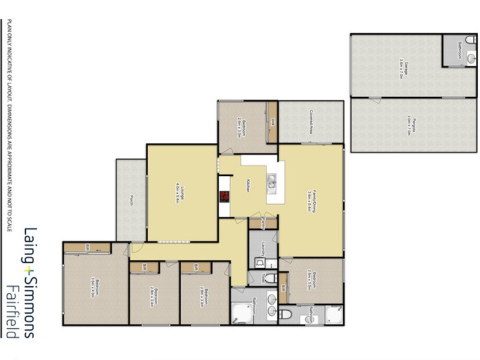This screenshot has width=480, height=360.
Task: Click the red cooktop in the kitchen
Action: (225, 196)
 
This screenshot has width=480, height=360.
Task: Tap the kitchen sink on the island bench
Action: (272, 181)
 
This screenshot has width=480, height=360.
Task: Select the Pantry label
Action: (263, 224)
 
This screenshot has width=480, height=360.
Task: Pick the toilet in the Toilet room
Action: (269, 278)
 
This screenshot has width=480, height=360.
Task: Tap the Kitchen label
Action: (247, 187)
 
